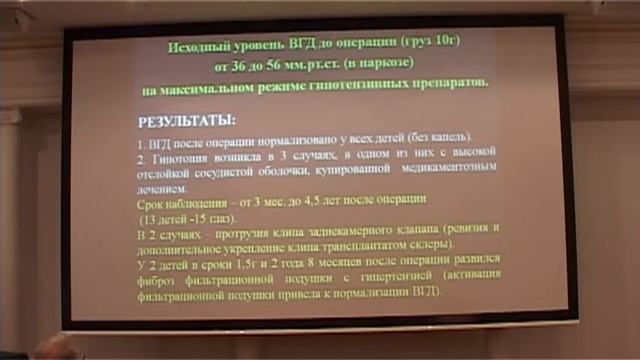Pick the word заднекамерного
point(369,230)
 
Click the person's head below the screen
point(55,348)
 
